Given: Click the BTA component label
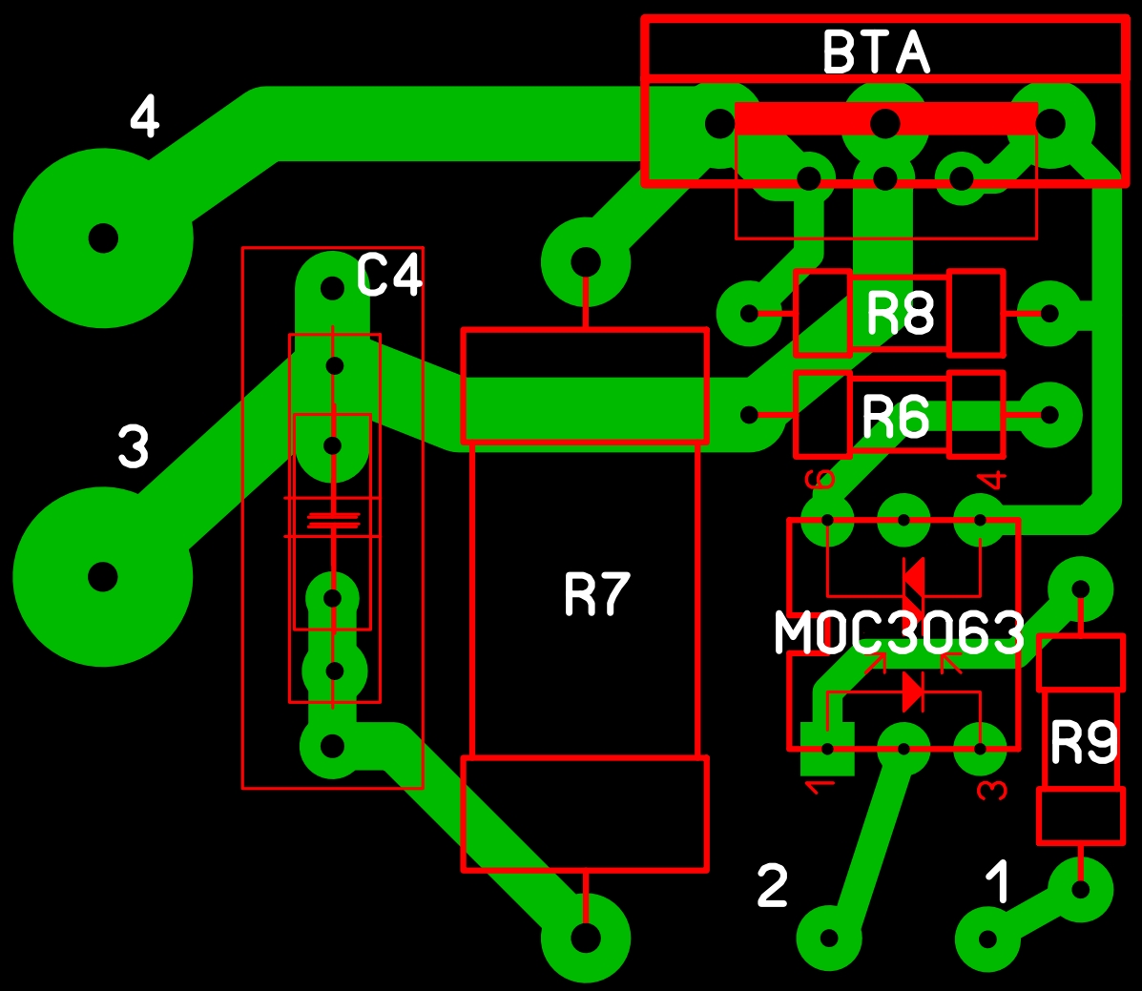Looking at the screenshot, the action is pos(876,52).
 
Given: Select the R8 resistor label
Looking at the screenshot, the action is pos(901,313).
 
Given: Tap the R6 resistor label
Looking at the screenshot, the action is pos(896,417).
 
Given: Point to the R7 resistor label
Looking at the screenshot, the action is pos(597,594).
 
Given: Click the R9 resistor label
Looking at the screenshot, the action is pos(1084,743).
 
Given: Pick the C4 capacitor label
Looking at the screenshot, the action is pos(389,275).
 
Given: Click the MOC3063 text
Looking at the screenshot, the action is pos(900,632).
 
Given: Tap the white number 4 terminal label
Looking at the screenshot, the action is pos(145,115).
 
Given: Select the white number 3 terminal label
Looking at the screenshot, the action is pos(134,446).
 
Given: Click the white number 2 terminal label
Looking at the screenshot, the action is pos(773,885).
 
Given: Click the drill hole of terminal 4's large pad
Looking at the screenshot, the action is pos(103,238).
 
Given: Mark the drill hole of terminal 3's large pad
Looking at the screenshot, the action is pos(103,577).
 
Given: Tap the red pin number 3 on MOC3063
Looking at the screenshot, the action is pos(992,790).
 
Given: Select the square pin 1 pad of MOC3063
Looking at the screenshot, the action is pos(827,750).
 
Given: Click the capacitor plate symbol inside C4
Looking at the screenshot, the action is pos(333,520).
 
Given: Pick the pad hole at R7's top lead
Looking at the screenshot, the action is pos(587,262).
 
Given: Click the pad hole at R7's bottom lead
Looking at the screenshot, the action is pos(587,938).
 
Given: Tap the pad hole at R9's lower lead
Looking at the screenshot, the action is pos(1081,889).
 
